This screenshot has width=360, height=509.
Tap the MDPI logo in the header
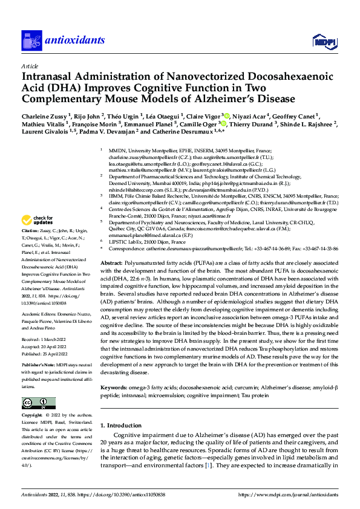[324, 41]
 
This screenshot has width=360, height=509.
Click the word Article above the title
[30, 66]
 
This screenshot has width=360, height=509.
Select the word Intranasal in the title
[51, 77]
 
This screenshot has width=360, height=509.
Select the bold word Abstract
[113, 264]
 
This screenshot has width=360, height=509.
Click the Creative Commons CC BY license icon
[35, 403]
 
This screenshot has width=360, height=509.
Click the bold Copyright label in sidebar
[33, 417]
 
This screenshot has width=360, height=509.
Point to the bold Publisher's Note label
[38, 365]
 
